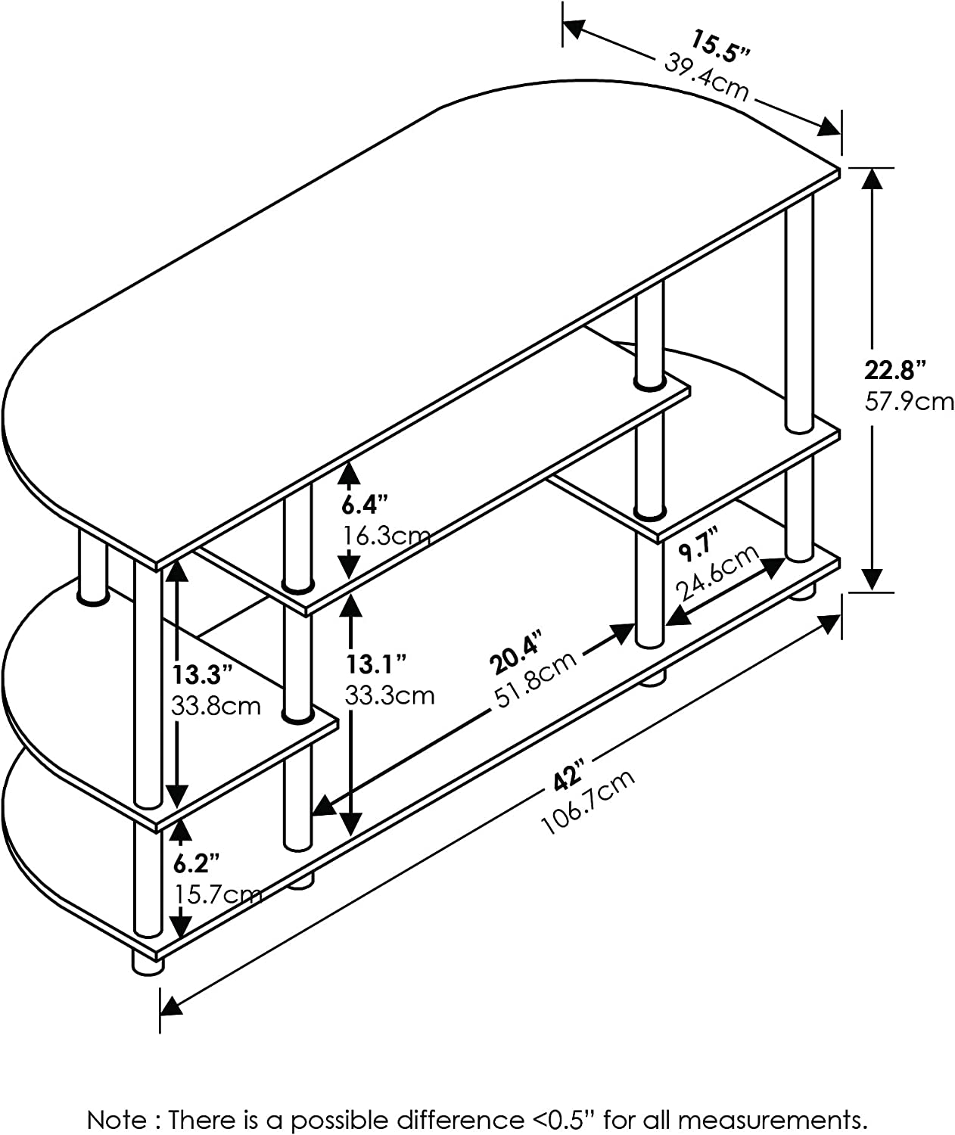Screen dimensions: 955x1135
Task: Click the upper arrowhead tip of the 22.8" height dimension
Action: point(872,169)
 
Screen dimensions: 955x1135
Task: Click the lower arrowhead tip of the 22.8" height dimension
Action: point(872,590)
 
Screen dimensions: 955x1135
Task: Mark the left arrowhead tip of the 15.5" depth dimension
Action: point(565,23)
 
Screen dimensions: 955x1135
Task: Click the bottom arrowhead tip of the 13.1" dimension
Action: point(352,835)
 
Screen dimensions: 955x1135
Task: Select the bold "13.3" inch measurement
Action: point(202,675)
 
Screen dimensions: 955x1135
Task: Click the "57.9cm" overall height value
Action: point(909,402)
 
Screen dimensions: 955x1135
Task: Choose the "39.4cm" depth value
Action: point(707,78)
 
